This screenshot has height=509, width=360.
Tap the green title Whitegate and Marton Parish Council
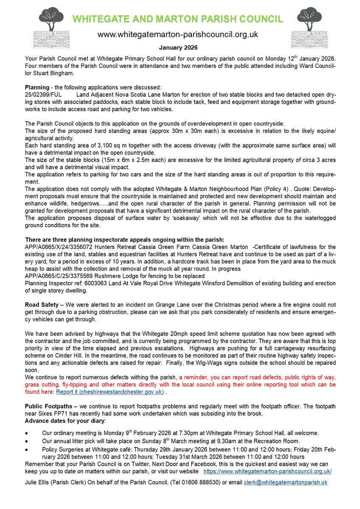click(177, 19)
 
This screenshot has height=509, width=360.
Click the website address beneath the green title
click(178, 34)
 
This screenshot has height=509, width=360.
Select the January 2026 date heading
click(178, 48)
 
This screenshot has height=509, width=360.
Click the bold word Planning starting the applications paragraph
click(37, 87)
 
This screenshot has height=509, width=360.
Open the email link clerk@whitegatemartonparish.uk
click(285, 483)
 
